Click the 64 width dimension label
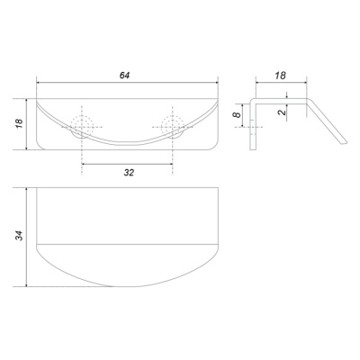point(124,76)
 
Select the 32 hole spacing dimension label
point(129,173)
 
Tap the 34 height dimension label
point(19,236)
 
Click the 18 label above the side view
point(281,76)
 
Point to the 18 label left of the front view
point(19,124)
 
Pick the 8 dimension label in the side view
point(237,115)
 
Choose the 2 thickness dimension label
point(282,112)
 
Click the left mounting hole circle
point(82,127)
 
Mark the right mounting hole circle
point(173,127)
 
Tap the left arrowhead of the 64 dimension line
point(39,82)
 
